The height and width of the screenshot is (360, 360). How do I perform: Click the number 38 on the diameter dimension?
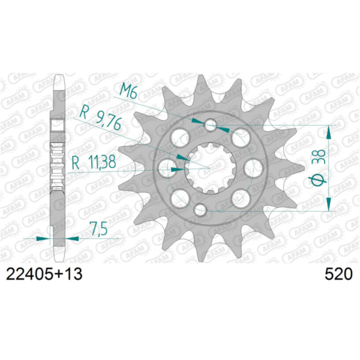[x=319, y=158]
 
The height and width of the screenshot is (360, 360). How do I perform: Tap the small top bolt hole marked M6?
[x=210, y=125]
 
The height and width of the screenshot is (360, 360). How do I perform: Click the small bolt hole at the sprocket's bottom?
[x=201, y=210]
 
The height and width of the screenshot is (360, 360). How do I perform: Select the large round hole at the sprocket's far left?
[x=167, y=163]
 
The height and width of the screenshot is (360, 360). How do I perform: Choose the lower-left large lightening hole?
[x=177, y=196]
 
